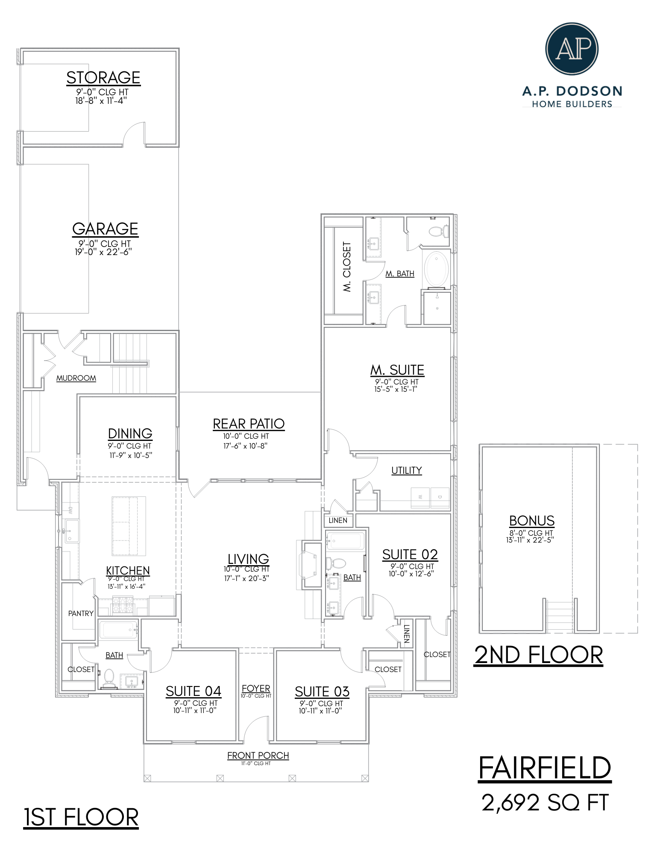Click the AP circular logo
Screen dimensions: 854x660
(572, 49)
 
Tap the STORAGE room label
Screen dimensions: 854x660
(103, 78)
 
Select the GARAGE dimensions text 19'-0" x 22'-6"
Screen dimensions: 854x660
(103, 252)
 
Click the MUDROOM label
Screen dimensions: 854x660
(76, 378)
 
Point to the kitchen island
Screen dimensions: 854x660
(129, 525)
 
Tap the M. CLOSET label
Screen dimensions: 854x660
(347, 267)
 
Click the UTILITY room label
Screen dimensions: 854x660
(406, 470)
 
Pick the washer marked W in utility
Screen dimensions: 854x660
(420, 497)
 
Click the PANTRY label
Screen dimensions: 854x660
(81, 613)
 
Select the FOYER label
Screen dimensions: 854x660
(256, 689)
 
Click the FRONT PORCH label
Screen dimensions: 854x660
(258, 756)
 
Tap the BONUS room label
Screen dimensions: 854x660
(531, 521)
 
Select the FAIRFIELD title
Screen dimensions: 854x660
(545, 768)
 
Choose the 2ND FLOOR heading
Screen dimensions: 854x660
(538, 655)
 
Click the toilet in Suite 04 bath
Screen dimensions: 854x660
(109, 678)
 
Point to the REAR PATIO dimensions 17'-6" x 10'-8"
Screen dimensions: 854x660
(246, 446)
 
